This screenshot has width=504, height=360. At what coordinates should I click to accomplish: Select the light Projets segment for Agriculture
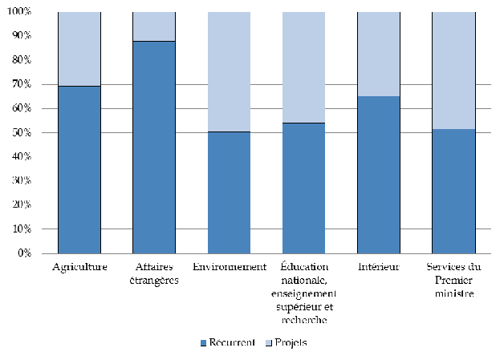[x=79, y=49]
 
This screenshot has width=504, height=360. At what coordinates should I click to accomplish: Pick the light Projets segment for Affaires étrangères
[x=154, y=26]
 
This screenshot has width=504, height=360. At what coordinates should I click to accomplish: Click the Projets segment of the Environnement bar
[x=229, y=71]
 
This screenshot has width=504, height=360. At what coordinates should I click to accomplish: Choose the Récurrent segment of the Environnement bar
[x=229, y=192]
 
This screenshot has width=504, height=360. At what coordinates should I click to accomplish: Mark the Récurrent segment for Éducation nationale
[x=303, y=188]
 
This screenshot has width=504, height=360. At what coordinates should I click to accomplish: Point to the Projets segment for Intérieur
[x=378, y=54]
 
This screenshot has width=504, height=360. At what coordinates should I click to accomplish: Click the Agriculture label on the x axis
[x=79, y=267]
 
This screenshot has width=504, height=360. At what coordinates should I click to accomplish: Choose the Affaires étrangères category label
[x=154, y=273]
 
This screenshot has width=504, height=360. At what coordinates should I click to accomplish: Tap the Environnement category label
[x=229, y=267]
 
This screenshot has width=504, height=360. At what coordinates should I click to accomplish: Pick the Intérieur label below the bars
[x=378, y=267]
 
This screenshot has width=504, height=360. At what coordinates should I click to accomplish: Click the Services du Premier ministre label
[x=453, y=280]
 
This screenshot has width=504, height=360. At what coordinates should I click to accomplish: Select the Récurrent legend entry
[x=228, y=342]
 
